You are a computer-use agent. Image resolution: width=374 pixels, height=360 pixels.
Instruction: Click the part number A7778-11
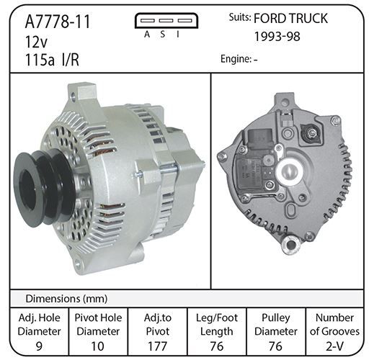click(58, 22)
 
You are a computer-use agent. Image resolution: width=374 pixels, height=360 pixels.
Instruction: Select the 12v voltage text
click(37, 42)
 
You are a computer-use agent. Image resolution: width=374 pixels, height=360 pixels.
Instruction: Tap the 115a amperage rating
click(40, 60)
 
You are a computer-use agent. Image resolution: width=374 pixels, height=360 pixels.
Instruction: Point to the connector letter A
click(147, 35)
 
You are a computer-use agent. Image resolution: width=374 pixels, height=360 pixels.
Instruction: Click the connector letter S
click(163, 35)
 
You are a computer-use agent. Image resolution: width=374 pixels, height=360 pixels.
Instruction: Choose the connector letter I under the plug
click(178, 35)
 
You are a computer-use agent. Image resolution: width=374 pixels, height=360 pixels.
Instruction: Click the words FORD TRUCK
click(290, 18)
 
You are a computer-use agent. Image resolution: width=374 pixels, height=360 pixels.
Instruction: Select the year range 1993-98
click(277, 37)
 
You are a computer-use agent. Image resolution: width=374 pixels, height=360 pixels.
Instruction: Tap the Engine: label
click(236, 59)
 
